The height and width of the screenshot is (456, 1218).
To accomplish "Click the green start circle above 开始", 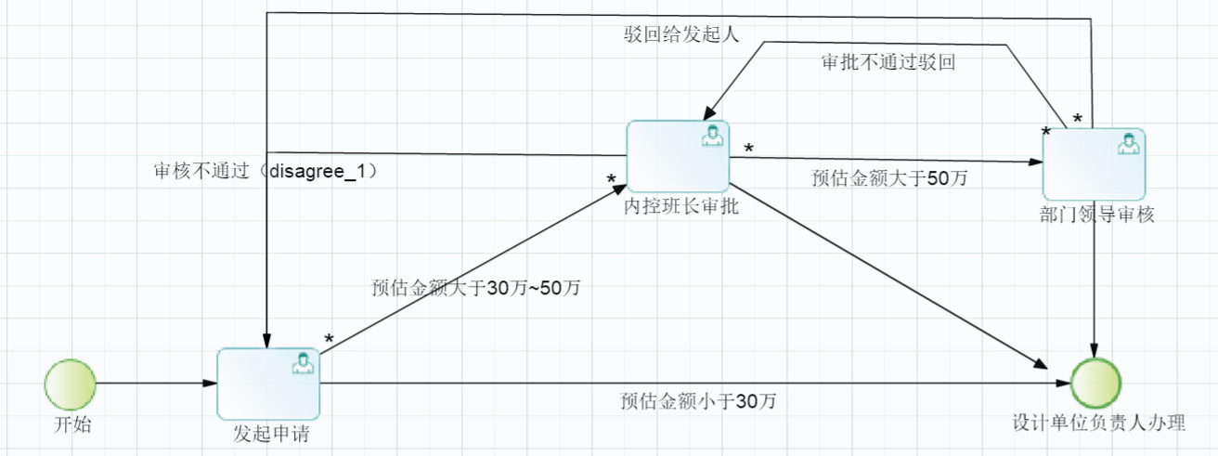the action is tap(71, 384).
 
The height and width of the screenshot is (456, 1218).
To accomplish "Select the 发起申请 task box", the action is tap(268, 384).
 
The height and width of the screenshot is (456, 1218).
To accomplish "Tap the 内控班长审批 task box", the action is tap(678, 156).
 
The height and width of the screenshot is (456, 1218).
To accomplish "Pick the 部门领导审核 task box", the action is tap(1094, 164).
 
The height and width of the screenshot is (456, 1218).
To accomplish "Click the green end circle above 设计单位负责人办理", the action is tap(1095, 383).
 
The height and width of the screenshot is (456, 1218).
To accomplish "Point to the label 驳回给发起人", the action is tap(681, 34).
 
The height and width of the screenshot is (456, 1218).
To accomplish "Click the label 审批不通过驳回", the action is tap(888, 62).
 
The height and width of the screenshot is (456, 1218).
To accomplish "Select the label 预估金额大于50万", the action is tap(889, 178).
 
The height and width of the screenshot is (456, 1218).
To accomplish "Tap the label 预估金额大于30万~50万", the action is tap(475, 287).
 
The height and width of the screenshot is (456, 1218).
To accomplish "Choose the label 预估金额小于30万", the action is tap(698, 401).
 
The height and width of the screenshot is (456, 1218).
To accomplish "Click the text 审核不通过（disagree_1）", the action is tap(266, 171).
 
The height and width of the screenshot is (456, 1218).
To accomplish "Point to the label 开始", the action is tap(72, 424).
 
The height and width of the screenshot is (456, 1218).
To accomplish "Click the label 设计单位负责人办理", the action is tap(1098, 423).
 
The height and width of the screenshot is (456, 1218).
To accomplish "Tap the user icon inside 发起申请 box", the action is tap(303, 363).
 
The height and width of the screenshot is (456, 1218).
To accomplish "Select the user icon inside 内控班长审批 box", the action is tap(712, 136).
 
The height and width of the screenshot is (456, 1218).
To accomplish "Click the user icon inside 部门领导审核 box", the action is tap(1128, 143).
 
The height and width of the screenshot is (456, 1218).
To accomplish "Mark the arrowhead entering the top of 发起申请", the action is tap(266, 341).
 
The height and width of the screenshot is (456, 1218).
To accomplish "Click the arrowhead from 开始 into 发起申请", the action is tap(210, 383).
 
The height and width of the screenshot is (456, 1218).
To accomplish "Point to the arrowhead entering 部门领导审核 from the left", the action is tap(1035, 162).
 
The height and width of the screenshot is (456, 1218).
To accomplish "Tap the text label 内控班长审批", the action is tap(681, 206).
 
